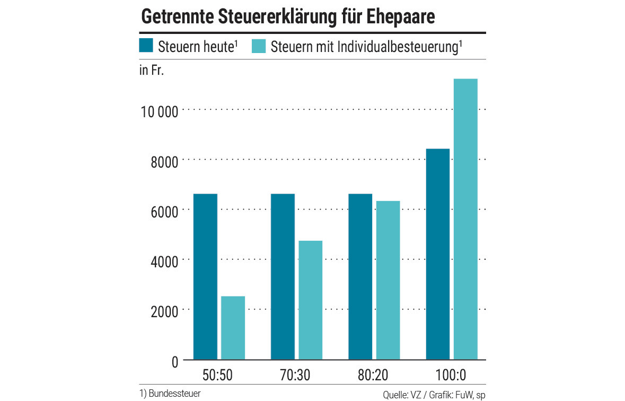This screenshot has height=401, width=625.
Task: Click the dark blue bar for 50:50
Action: pyautogui.click(x=205, y=277)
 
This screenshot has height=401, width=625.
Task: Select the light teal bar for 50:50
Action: pyautogui.click(x=233, y=328)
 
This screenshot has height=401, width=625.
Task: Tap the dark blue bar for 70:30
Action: pyautogui.click(x=283, y=277)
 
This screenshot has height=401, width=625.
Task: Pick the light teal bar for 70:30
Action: pyautogui.click(x=310, y=300)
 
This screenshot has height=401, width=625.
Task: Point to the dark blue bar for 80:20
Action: pyautogui.click(x=360, y=277)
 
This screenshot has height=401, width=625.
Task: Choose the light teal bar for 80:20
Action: pyautogui.click(x=388, y=280)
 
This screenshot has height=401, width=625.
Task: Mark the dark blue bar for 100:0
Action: pyautogui.click(x=438, y=254)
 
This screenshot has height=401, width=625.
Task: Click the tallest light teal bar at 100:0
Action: pyautogui.click(x=465, y=219)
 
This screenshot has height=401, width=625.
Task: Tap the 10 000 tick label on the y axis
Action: pyautogui.click(x=158, y=112)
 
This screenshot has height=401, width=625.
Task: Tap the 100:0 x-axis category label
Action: pyautogui.click(x=451, y=376)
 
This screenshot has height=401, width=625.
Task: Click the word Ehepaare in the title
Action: pyautogui.click(x=401, y=16)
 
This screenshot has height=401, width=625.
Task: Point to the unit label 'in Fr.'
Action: pyautogui.click(x=151, y=71)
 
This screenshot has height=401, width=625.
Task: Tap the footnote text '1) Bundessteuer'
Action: pyautogui.click(x=170, y=394)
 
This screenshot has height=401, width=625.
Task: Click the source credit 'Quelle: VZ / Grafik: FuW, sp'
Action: pyautogui.click(x=430, y=395)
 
